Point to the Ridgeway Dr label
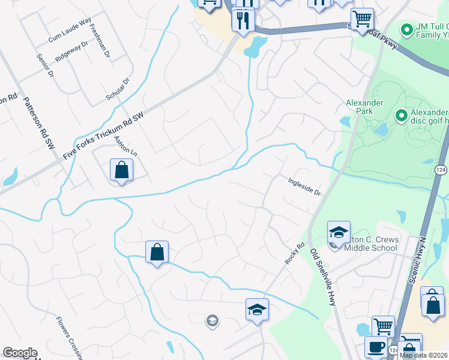[71, 52]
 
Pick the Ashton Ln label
[125, 146]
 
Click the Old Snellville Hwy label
[323, 276]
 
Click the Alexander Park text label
[364, 107]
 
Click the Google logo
[20, 353]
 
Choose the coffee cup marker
[376, 347]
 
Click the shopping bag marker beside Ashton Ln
[121, 170]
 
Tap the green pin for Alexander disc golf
[401, 114]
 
